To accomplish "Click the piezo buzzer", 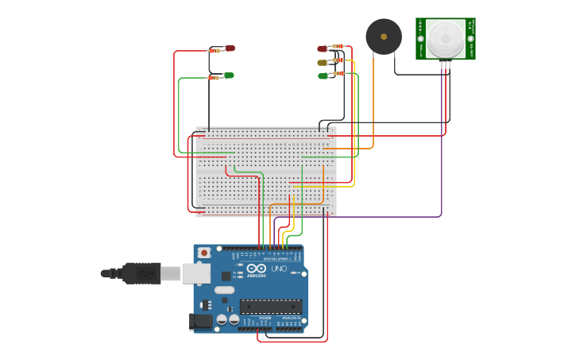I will pos(384,37).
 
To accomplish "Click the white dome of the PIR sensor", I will pos(445,38).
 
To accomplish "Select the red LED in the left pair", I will pos(230,48).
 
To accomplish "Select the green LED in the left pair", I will pos(229,75).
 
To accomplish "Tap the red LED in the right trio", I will pos(323,48).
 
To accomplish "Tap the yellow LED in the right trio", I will pos(322,62).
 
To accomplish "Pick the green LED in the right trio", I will pos(323,76).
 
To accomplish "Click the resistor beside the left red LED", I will pos(215,50).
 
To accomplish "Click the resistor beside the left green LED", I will pos(214,77).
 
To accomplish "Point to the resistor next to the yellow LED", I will pos(338,60).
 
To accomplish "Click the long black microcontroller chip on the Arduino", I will pos(270,306).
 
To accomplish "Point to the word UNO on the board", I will pos(279,269).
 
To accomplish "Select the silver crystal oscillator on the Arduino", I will pos(224,290).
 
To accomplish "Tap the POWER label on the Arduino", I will pos(266,319).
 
